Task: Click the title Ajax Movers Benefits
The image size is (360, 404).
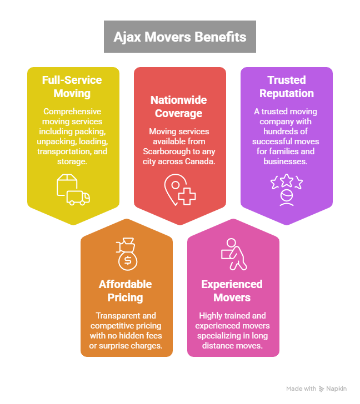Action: pos(180,37)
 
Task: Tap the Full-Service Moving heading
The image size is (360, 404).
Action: pos(72,87)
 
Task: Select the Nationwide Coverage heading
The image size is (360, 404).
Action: pos(178,107)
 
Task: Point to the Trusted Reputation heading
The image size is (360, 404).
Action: pos(287,87)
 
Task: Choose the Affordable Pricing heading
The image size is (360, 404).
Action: pos(125,291)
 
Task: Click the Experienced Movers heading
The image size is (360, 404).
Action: pos(232,291)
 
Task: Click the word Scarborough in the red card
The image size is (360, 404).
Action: pos(163,151)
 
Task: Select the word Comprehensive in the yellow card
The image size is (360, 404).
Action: pos(72,111)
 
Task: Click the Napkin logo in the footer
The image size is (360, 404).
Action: pos(333,389)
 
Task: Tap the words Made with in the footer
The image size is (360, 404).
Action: pos(301,389)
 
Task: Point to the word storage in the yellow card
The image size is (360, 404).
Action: pos(72,161)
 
